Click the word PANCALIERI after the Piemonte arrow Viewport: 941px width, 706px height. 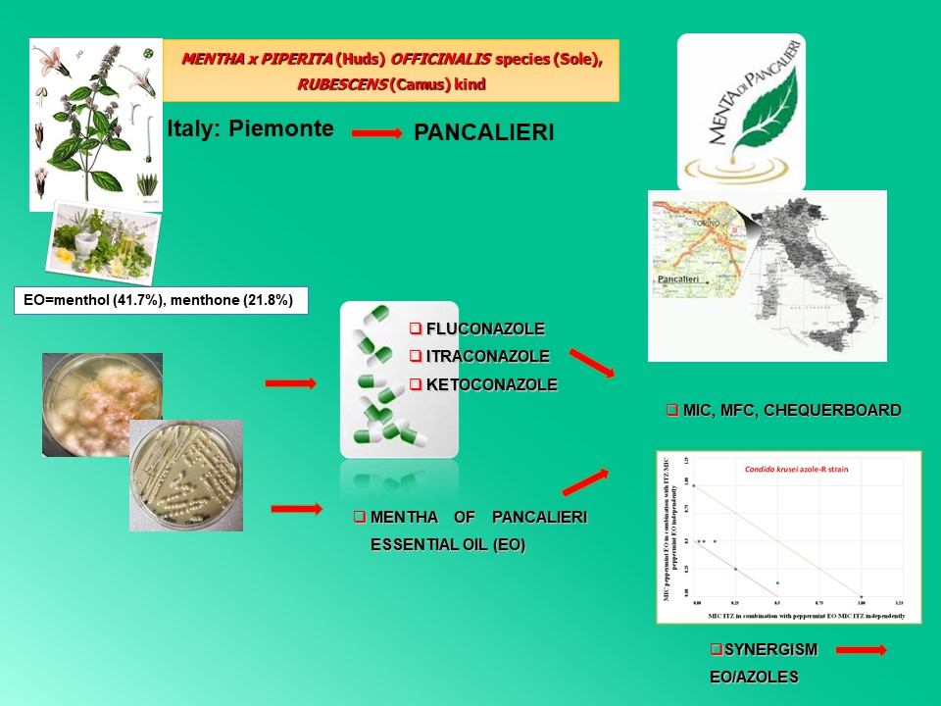(x=484, y=132)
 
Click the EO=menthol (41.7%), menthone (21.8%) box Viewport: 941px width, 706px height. (x=161, y=300)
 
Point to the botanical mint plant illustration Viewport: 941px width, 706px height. (x=95, y=123)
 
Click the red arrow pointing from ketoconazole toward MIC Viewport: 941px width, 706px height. (x=591, y=364)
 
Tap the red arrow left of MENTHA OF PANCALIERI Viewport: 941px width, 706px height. (x=295, y=508)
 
